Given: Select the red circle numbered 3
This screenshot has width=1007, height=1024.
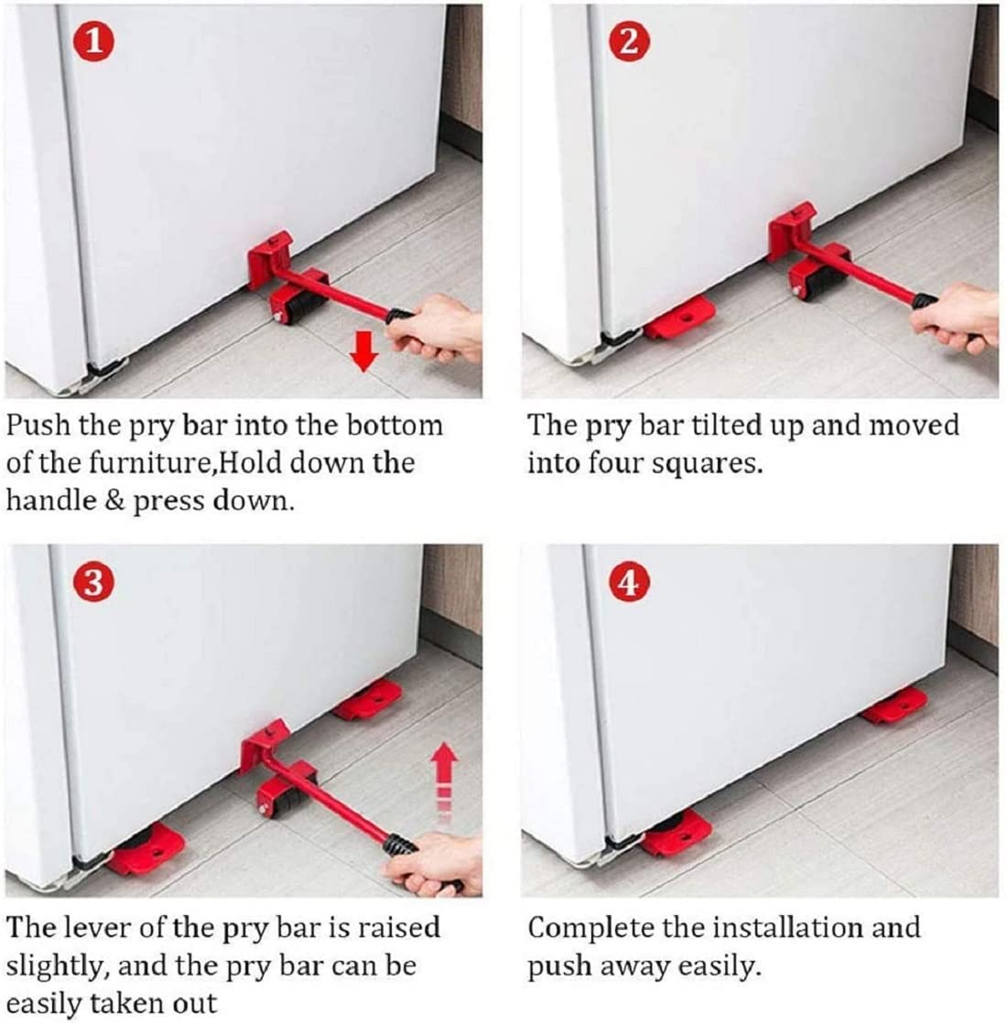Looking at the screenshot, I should point(95,582).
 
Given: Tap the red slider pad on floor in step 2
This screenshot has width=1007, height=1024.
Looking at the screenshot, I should point(681,317).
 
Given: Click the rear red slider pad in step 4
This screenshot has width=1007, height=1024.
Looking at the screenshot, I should point(895,704).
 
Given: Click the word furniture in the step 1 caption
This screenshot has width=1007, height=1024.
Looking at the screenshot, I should point(131,463).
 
